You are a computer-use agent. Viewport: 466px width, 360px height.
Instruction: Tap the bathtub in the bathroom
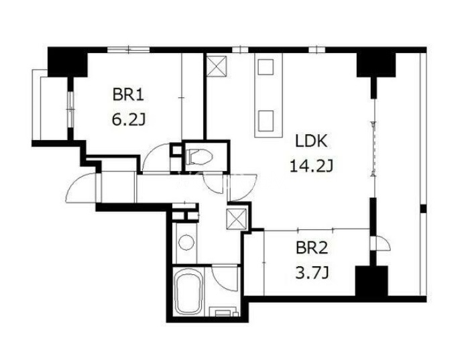tap(188, 292)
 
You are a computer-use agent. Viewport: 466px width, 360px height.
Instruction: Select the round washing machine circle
tap(186, 242)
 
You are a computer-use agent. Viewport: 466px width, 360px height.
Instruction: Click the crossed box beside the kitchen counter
tap(217, 66)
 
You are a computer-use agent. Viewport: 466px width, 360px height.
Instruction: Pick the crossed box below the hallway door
tap(236, 219)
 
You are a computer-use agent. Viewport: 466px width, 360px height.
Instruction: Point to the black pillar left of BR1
tap(67, 62)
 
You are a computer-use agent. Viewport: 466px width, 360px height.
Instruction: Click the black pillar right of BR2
tap(371, 281)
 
